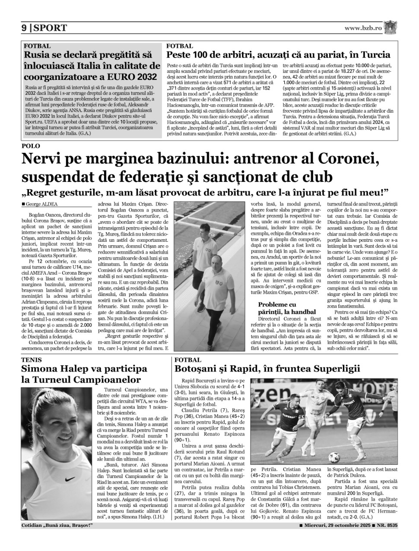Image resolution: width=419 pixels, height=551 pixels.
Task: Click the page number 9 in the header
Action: tap(25, 28)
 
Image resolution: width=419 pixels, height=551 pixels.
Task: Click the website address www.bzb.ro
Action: tap(363, 28)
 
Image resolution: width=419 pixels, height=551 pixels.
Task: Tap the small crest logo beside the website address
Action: tap(391, 27)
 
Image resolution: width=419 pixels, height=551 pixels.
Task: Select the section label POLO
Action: tap(30, 146)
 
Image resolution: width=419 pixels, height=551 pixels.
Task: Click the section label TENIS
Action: tap(32, 359)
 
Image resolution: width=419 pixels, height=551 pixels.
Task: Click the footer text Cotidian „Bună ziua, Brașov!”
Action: tap(57, 526)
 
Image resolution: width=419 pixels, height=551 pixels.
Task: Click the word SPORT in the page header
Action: tap(50, 28)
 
